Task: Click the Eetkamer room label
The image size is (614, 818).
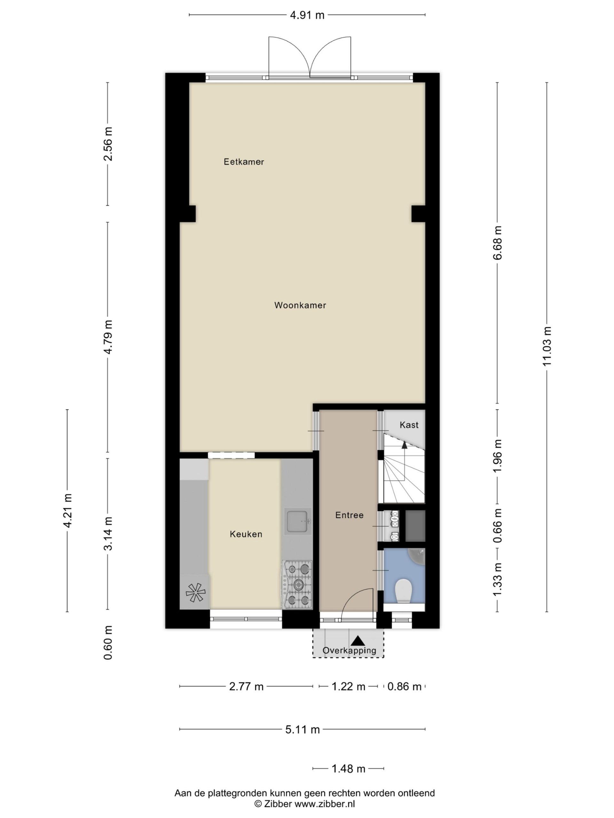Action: pyautogui.click(x=244, y=162)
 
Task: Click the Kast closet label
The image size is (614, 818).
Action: pyautogui.click(x=409, y=425)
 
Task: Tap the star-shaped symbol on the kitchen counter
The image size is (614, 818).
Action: pyautogui.click(x=195, y=593)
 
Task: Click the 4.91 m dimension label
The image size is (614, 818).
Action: pyautogui.click(x=307, y=15)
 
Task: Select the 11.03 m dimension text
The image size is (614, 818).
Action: pyautogui.click(x=547, y=346)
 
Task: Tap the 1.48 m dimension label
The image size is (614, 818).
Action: pyautogui.click(x=348, y=769)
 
